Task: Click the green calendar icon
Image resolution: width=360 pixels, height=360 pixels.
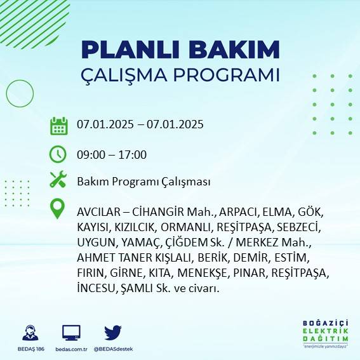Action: coord(58,125)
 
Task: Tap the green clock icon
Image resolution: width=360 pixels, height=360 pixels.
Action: coord(58,154)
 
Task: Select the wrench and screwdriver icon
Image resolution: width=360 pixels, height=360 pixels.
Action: coord(58,180)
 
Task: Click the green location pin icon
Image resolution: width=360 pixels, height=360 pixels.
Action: coord(58,209)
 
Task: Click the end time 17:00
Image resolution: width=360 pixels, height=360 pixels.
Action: coord(133,154)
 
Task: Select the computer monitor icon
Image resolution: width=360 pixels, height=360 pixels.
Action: coord(71,332)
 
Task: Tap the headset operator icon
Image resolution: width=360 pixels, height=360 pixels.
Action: coord(30,332)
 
